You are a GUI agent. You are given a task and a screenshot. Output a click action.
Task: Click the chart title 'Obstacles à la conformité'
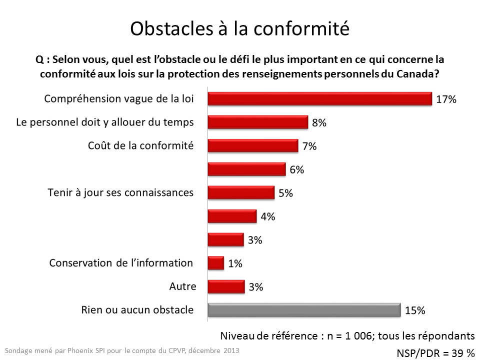[239, 28]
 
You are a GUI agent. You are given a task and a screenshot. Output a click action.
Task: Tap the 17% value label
[446, 99]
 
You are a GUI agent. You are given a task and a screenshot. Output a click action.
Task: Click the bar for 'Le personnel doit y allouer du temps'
[257, 122]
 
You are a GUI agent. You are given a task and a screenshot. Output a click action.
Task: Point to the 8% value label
[319, 123]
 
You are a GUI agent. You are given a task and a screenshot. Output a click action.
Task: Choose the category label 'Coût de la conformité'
[140, 145]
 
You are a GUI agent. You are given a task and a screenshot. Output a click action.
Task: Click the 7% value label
[309, 146]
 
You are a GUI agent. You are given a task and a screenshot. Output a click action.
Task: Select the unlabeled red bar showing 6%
[246, 169]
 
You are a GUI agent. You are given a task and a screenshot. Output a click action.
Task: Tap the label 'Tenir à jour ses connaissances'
[120, 192]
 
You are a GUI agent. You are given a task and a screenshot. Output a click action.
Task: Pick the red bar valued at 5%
[240, 193]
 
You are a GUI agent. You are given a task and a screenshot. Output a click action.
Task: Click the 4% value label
[267, 216]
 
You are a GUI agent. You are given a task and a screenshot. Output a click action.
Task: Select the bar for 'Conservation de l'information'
[215, 263]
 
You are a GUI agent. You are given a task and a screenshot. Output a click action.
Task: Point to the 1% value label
[235, 263]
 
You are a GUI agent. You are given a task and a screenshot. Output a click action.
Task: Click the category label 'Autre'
[182, 286]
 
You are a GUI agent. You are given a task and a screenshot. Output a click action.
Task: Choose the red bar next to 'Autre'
[225, 286]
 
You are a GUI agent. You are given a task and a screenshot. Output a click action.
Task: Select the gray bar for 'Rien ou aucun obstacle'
[304, 310]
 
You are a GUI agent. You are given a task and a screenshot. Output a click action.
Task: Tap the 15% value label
[415, 310]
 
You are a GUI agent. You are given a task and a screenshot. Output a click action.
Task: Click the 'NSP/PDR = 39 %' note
[435, 353]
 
